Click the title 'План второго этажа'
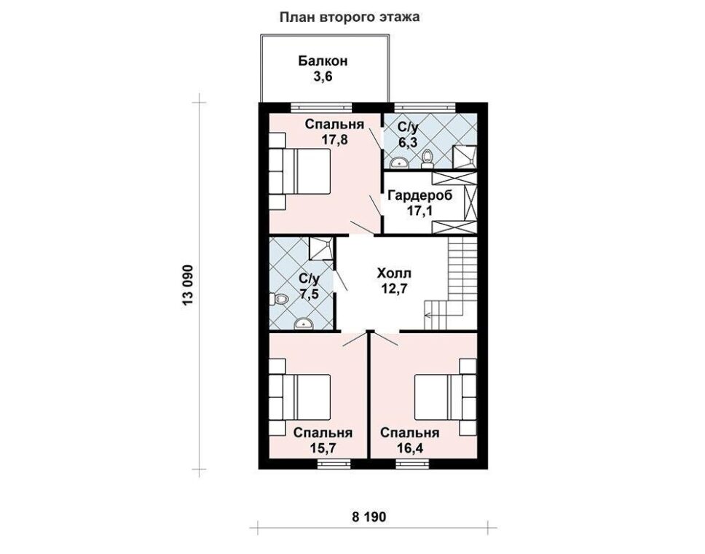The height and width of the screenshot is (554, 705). point(350,17)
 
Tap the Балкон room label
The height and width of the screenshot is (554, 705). point(323,61)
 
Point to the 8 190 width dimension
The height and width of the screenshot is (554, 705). point(369,517)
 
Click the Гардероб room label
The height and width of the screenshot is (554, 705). point(420,196)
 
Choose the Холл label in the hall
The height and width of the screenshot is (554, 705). point(394,273)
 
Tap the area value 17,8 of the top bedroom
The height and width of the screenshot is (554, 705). point(334,139)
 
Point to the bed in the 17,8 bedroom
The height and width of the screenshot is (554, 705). point(300,171)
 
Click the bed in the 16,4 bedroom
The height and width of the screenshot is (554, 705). point(445,397)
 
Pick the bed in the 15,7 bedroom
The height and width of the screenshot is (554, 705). point(300,397)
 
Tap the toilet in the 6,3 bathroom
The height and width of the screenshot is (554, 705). point(427,160)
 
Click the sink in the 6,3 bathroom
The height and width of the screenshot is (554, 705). point(397,163)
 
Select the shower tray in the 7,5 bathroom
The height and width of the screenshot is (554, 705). point(321,249)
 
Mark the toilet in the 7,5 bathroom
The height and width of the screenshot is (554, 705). point(278,298)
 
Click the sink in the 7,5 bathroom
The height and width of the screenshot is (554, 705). point(304,323)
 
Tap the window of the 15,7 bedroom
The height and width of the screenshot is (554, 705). point(334,464)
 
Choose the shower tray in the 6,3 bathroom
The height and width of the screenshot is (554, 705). point(465,157)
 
